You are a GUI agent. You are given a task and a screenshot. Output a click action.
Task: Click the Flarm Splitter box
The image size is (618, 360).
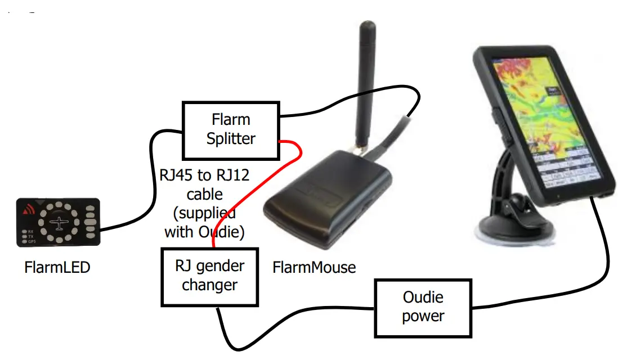point(231,130)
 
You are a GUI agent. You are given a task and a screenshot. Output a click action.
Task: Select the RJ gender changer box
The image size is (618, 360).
point(209,276)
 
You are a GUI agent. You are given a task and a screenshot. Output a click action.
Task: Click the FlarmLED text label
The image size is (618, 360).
point(57,267)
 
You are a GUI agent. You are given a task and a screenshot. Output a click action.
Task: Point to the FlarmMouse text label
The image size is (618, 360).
point(314,267)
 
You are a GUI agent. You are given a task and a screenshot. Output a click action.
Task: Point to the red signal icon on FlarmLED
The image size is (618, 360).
point(28,211)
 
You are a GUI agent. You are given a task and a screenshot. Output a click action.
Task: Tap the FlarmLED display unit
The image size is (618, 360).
point(59,222)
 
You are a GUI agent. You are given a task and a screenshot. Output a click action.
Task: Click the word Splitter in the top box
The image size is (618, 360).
point(231,139)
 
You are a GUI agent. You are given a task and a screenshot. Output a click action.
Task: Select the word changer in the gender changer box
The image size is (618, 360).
point(209,285)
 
